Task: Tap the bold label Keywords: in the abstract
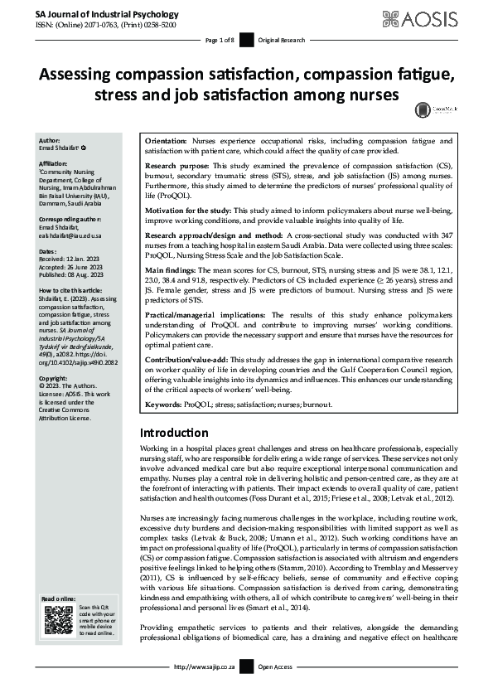[166, 405]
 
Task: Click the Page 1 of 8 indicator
[220, 40]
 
